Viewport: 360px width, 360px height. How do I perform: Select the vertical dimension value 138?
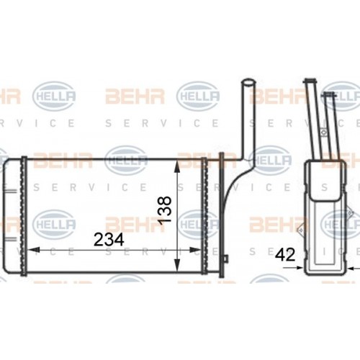click(165, 211)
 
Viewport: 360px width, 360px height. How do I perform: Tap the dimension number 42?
click(286, 253)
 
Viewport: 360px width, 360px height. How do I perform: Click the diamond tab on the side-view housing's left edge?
click(305, 194)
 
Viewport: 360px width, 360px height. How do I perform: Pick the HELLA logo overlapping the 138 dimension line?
click(196, 224)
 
